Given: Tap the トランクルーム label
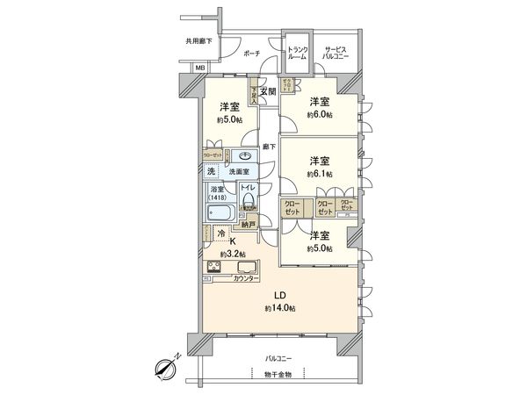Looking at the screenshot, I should [x=297, y=52].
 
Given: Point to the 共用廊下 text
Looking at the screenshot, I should [x=199, y=40].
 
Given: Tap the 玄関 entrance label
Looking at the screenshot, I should [x=268, y=90].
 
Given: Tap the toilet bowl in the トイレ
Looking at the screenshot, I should [x=248, y=201].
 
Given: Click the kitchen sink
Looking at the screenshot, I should [x=244, y=267].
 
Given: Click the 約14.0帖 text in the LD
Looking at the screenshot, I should [x=282, y=309].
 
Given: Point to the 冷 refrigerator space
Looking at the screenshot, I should [x=220, y=233].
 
